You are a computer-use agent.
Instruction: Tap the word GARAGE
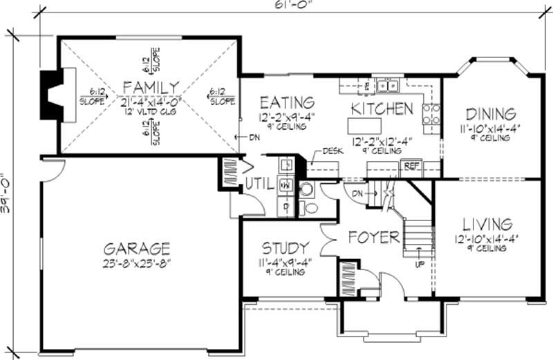pyautogui.click(x=137, y=248)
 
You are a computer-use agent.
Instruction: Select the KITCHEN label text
pyautogui.click(x=382, y=108)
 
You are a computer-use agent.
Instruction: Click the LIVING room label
pyautogui.click(x=487, y=225)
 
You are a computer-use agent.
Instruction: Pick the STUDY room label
pyautogui.click(x=284, y=248)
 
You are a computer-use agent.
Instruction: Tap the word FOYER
pyautogui.click(x=373, y=238)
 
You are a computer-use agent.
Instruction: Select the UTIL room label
pyautogui.click(x=259, y=184)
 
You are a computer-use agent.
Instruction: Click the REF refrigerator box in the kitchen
pyautogui.click(x=410, y=166)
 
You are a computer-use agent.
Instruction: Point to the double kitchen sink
pyautogui.click(x=387, y=86)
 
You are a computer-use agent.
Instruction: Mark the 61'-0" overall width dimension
pyautogui.click(x=290, y=6)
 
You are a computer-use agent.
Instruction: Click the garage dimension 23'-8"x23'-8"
pyautogui.click(x=137, y=263)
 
